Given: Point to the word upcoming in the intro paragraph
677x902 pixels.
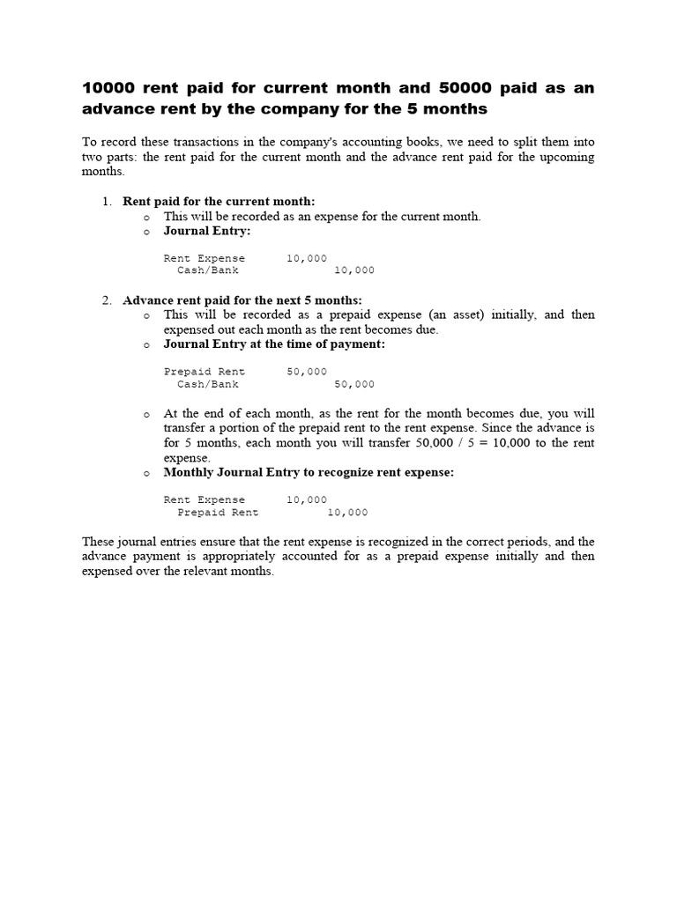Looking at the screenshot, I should (x=562, y=157).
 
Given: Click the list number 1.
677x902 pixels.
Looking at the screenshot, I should (x=106, y=202).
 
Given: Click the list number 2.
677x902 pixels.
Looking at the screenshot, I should (x=106, y=300).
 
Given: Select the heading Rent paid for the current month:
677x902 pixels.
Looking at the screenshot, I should (x=219, y=202).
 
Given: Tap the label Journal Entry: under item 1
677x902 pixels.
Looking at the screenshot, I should (x=207, y=231).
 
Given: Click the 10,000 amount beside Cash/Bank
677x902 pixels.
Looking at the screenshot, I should (x=354, y=270).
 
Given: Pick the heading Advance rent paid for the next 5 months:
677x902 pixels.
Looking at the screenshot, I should (x=242, y=300).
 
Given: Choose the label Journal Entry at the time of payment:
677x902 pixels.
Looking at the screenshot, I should (x=274, y=344).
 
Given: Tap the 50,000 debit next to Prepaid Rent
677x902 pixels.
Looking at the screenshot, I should (x=307, y=372).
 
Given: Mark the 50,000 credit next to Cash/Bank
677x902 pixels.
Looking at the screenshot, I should (x=354, y=384).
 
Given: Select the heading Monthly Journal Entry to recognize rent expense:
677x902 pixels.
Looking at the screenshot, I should (x=309, y=472).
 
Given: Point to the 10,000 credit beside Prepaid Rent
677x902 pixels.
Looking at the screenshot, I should (x=347, y=513).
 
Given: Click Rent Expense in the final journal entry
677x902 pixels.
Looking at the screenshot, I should (x=205, y=499).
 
